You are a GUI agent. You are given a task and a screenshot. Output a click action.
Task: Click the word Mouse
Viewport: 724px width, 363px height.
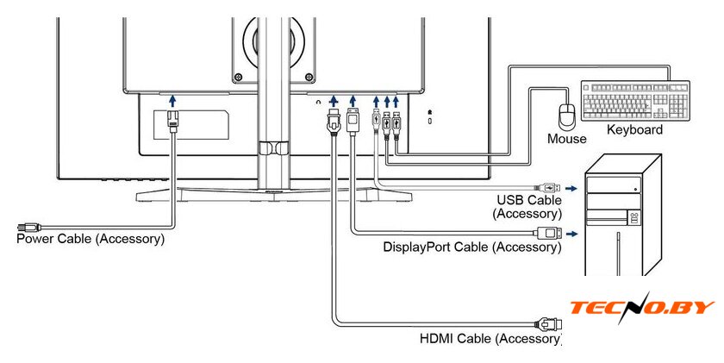(566, 138)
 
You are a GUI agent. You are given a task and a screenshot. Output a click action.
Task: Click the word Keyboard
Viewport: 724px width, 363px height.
(634, 129)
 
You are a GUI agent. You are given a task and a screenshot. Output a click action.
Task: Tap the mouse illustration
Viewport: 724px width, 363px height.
(566, 116)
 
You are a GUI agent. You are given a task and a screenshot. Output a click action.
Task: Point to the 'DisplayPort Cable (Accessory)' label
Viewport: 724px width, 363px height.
(471, 247)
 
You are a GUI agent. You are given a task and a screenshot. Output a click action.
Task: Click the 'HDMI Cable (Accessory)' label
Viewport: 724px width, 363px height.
(490, 338)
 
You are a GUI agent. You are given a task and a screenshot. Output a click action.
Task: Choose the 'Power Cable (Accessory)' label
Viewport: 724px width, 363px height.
(90, 238)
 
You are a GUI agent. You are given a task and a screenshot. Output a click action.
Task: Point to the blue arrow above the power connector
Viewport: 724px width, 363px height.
(172, 101)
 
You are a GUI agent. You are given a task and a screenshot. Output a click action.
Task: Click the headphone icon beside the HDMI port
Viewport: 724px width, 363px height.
(319, 102)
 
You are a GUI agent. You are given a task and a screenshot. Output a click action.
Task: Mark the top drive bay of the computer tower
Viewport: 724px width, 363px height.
(615, 185)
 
